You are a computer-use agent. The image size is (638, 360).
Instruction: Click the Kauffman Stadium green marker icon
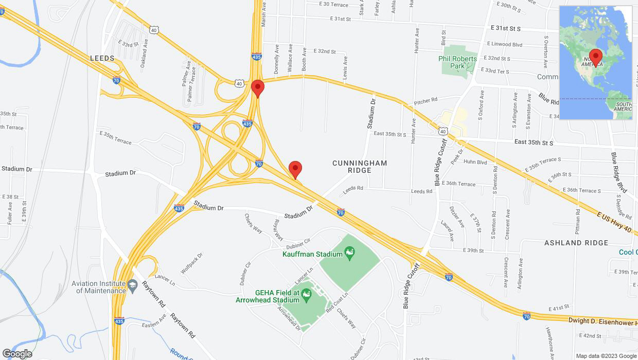point(349,253)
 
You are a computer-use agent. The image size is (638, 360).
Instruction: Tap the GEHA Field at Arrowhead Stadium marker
point(307,295)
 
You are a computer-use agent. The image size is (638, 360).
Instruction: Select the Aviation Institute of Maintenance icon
point(132,285)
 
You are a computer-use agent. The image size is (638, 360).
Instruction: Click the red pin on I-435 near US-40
point(258,88)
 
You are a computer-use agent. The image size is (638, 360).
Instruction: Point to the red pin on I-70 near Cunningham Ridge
point(295,170)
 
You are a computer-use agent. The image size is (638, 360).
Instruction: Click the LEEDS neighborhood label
point(102,59)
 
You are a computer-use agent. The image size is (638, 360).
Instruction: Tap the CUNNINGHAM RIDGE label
point(360,167)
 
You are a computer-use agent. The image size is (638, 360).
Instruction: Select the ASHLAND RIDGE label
point(576,243)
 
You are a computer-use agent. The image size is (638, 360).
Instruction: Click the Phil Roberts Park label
point(457,62)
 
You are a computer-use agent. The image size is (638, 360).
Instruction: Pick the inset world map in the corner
point(596,63)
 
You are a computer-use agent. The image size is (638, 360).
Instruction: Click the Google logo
point(17,353)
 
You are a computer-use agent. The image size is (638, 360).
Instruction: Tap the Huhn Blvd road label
point(475,162)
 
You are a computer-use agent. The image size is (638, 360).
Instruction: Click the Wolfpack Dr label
point(192,263)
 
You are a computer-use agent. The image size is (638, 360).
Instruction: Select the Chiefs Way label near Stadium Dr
point(253,223)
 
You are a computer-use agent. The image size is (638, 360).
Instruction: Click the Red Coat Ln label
point(337,302)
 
